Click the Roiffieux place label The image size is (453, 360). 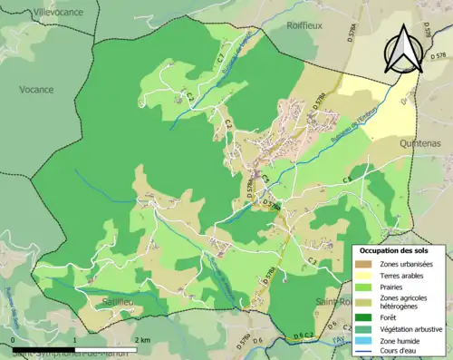tap(304, 27)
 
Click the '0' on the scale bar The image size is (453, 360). tap(14, 340)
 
